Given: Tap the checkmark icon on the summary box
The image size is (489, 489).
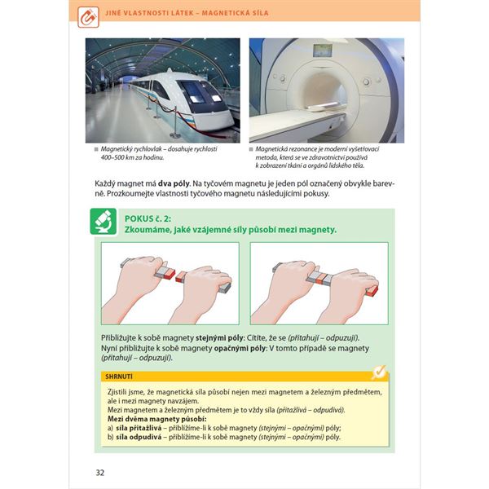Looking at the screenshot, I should coord(377,372).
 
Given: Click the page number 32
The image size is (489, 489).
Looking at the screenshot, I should coord(99,472).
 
